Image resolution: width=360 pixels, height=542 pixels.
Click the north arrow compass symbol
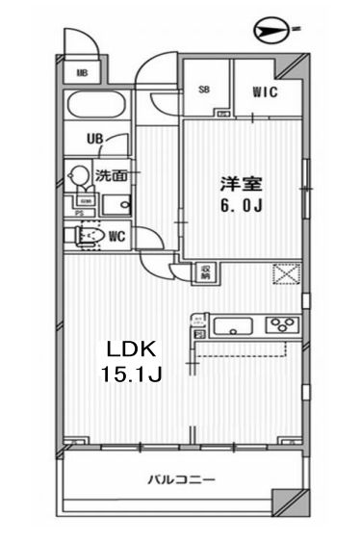point(273,33)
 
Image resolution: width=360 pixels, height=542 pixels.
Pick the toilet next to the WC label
point(87,235)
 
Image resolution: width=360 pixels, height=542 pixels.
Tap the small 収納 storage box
point(205,271)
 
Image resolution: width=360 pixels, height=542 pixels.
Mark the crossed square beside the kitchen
point(285,275)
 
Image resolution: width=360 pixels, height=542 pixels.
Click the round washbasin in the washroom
point(78,176)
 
